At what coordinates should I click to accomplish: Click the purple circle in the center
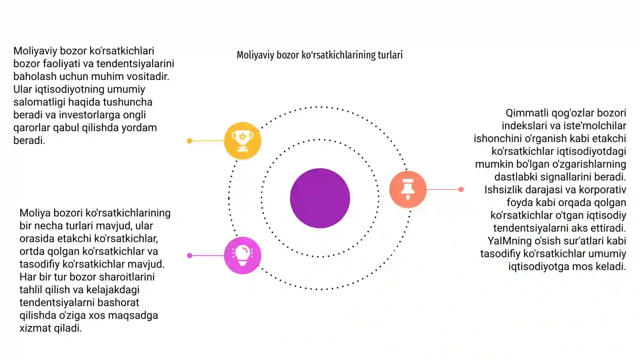[320, 198]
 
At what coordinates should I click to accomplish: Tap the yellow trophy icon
[242, 140]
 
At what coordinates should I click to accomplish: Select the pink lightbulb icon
[242, 256]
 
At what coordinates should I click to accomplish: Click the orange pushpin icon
[408, 189]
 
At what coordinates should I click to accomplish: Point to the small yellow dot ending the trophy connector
[190, 141]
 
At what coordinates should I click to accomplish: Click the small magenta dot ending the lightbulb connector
[190, 256]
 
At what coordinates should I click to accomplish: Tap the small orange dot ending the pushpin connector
[461, 190]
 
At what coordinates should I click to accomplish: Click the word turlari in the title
[390, 55]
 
